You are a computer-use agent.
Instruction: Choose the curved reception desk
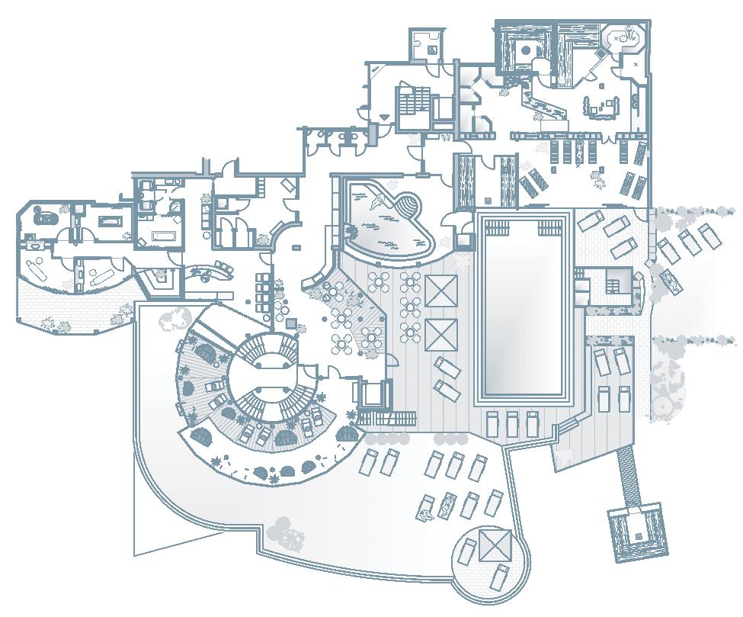click(213, 269)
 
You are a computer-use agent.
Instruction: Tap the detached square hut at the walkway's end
click(639, 532)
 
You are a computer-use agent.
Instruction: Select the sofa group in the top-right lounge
click(602, 108)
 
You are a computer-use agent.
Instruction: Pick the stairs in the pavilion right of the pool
click(613, 284)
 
